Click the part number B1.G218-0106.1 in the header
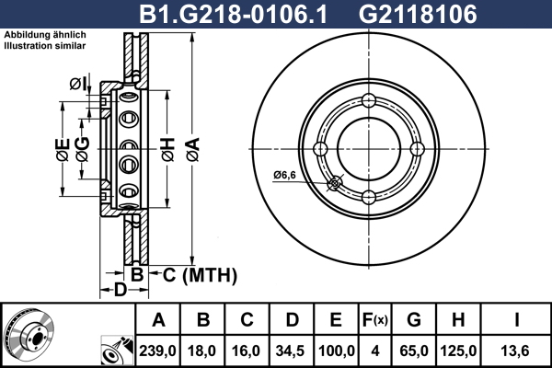point(234,14)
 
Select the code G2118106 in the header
point(418,14)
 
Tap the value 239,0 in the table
point(157,351)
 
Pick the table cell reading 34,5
point(291,351)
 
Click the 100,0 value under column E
point(336,351)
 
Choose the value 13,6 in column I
point(515,351)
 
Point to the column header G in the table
point(414,320)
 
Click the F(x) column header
point(375,320)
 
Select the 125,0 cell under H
point(458,351)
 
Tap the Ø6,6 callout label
point(284,175)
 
